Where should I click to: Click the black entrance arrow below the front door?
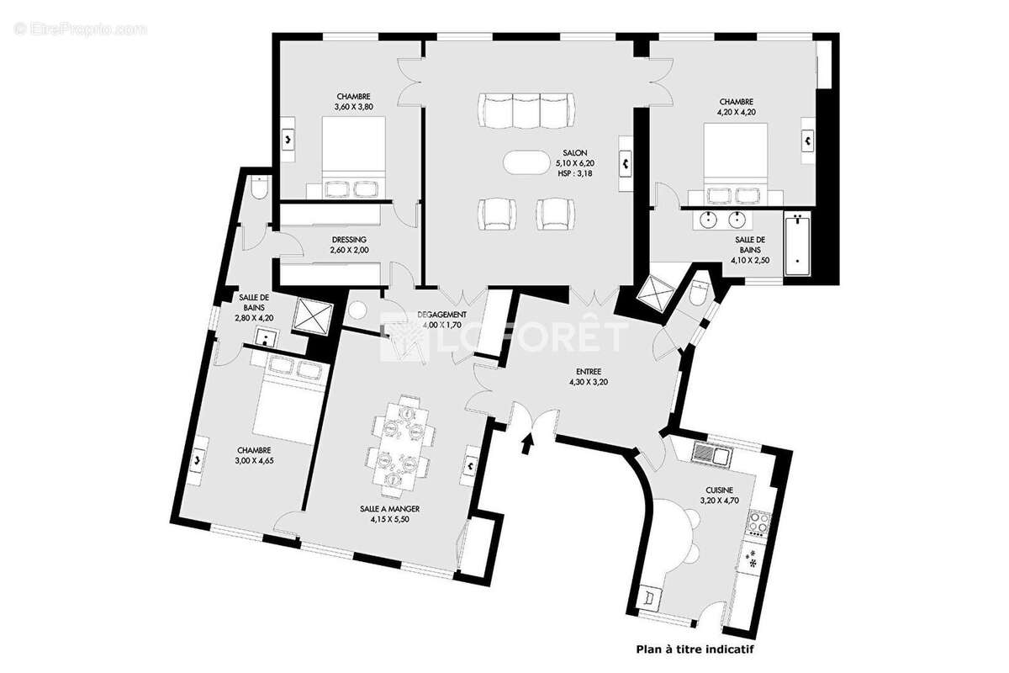point(529,442)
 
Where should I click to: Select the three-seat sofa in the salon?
point(527,110)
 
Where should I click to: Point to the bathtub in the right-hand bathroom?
point(795,246)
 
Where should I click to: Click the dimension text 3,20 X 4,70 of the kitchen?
point(719,501)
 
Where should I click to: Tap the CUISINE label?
point(719,490)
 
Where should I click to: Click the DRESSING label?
point(348,239)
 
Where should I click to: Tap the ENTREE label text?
point(589,371)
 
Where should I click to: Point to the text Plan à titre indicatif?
point(695,649)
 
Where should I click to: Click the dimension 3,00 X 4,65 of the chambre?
point(253,460)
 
